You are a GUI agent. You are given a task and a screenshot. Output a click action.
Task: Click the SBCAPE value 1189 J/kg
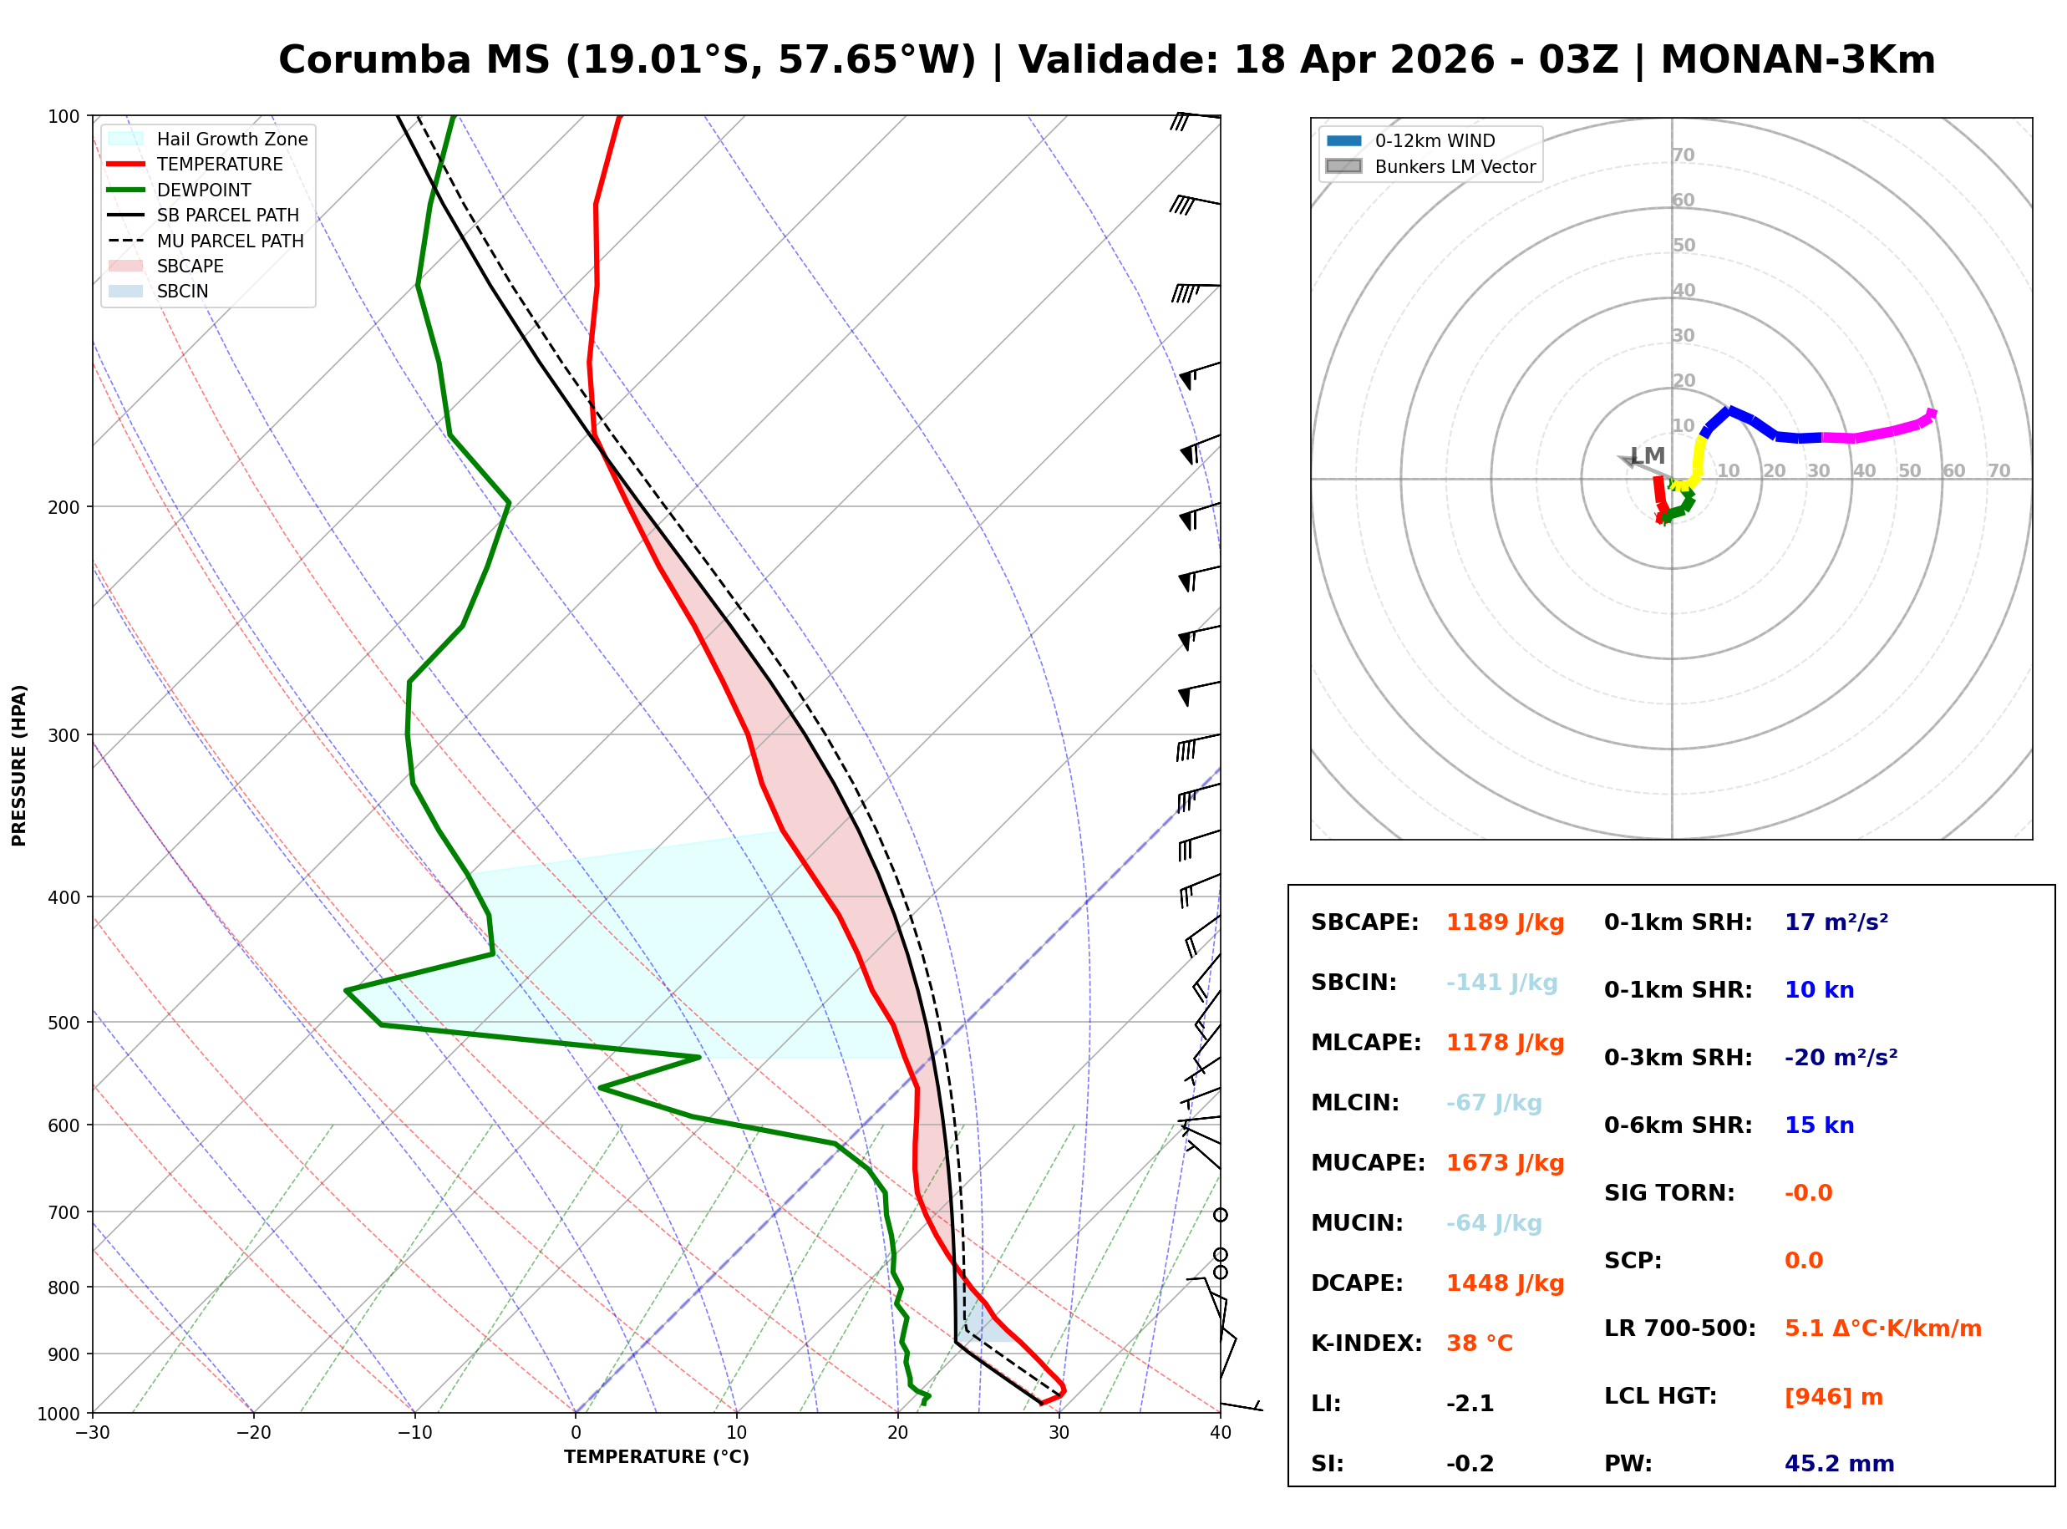1505,922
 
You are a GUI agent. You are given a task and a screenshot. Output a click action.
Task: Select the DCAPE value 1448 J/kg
1505,1283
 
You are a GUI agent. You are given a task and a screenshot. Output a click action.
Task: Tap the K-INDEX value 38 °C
1479,1344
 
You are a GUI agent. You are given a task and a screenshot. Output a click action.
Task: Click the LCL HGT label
1660,1397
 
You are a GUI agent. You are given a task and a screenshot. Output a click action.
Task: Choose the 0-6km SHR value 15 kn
1819,1125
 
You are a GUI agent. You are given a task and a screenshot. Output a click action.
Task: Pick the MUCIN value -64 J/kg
1493,1223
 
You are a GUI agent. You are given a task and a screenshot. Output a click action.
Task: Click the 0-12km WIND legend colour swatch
1343,140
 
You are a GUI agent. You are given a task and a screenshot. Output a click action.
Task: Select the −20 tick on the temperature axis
252,1434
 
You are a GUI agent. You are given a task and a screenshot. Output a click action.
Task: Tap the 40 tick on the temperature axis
1220,1434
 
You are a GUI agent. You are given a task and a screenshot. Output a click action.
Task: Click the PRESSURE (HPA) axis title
19,765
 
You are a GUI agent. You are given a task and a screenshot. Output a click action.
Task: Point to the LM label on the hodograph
1648,456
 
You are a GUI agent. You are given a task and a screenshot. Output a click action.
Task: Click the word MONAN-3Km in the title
1797,60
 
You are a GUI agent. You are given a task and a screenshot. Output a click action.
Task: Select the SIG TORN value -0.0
1808,1193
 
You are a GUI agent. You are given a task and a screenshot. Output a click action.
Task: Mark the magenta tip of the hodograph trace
1931,414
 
